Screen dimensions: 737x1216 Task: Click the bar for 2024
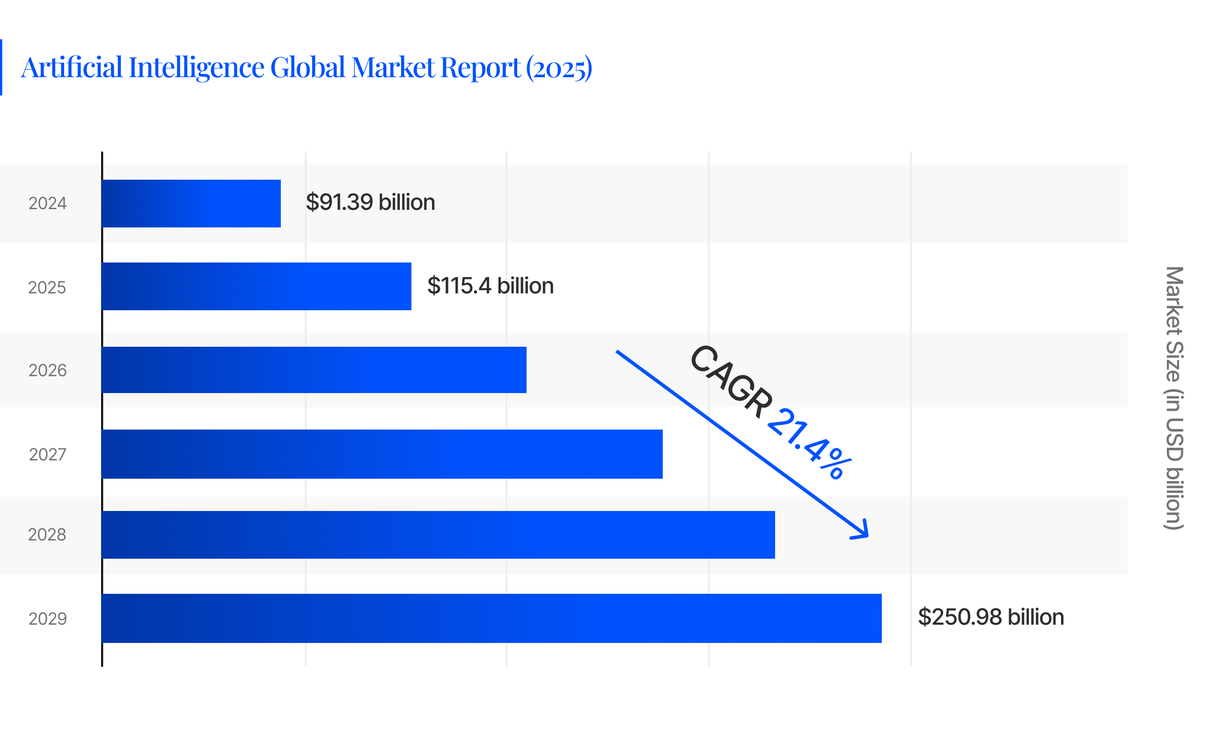click(191, 203)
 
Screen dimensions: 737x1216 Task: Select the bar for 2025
click(256, 286)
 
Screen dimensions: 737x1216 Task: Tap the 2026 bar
click(314, 370)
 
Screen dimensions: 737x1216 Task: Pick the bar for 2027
click(382, 454)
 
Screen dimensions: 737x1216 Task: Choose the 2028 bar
click(438, 535)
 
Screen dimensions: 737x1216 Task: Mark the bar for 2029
click(491, 618)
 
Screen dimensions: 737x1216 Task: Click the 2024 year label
click(47, 203)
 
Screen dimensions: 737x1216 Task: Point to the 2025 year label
click(47, 288)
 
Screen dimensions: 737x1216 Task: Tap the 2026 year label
click(47, 371)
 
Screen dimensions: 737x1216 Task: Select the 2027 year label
click(47, 454)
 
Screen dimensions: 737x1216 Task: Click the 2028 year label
click(47, 535)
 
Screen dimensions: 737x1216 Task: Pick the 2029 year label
click(47, 619)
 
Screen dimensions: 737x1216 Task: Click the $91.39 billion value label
click(370, 202)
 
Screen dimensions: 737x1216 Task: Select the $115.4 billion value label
click(490, 285)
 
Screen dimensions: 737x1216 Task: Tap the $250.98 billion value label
click(990, 617)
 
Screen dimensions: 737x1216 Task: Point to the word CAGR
click(732, 381)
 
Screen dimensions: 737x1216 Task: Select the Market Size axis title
click(1174, 398)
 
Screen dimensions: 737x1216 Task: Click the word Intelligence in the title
click(197, 67)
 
